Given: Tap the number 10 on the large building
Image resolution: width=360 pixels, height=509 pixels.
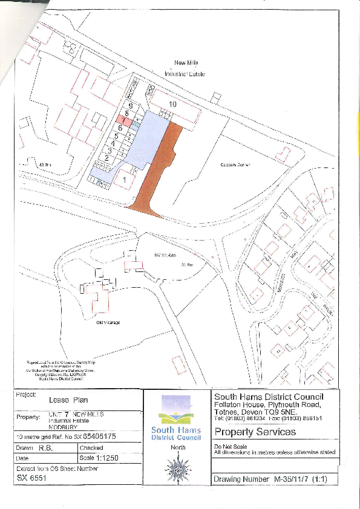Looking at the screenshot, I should pos(173,105).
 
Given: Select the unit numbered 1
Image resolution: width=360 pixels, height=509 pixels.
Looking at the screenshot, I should pos(125,180).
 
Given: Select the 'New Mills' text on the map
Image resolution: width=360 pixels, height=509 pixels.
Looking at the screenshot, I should pos(186,63).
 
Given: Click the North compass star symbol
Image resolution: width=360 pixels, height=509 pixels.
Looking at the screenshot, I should pos(178,468).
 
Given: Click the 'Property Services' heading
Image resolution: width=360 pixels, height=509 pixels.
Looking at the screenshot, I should pos(247,432).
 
